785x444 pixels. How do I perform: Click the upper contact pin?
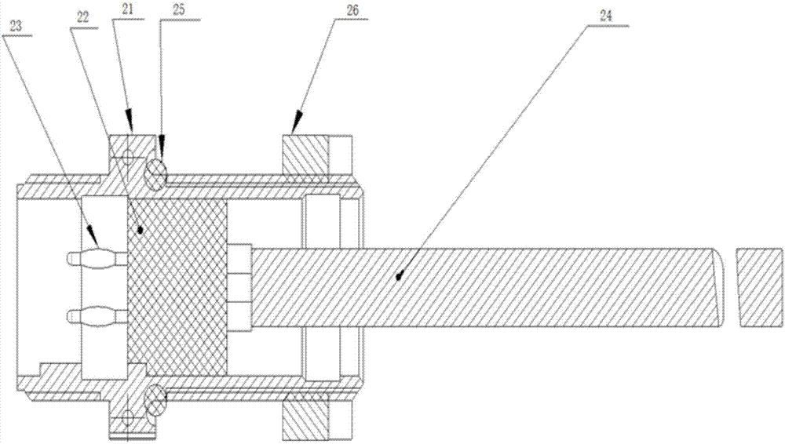(97, 260)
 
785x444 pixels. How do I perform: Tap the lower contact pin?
(97, 317)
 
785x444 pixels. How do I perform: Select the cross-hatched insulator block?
(177, 286)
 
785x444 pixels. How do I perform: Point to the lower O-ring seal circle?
(155, 402)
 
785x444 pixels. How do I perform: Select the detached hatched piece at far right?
(759, 286)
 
